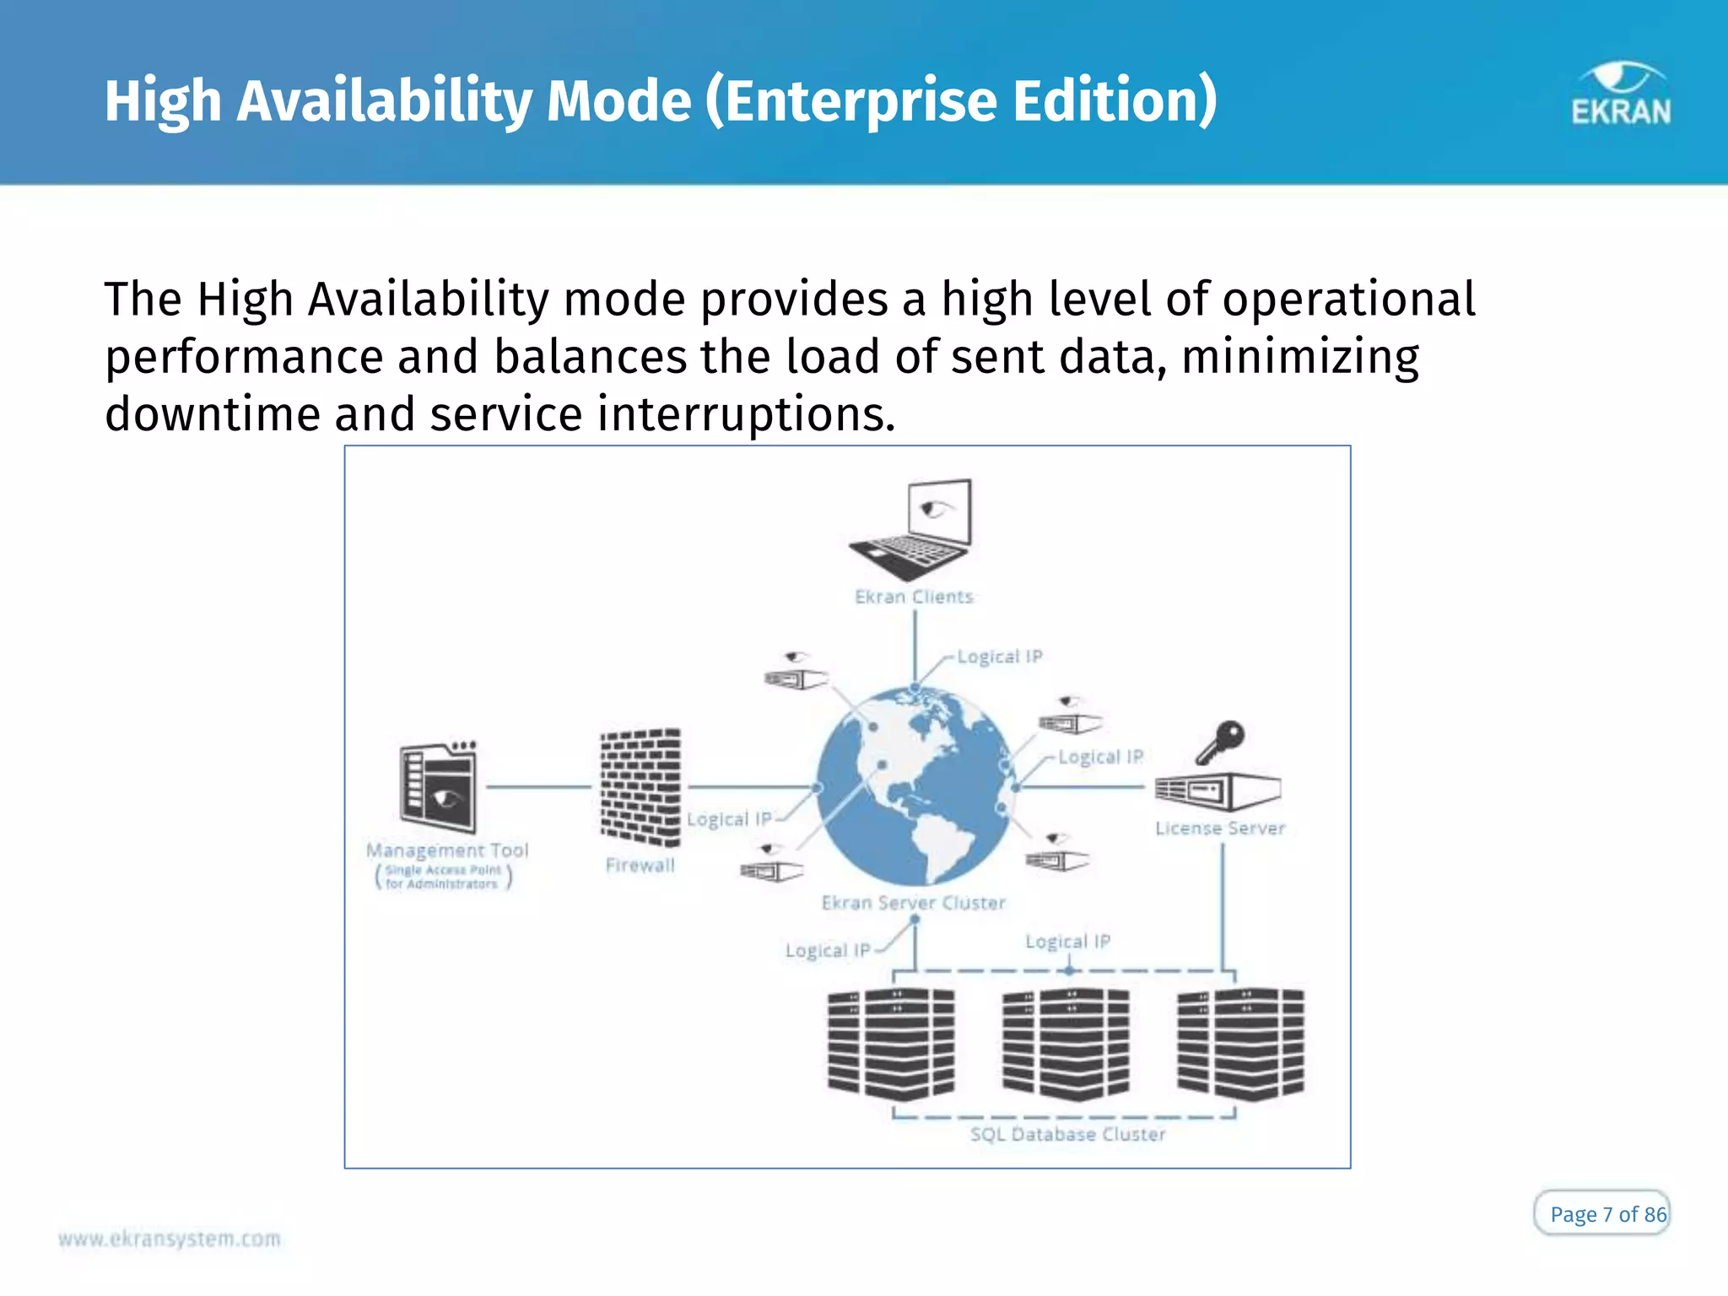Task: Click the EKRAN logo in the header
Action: (x=1620, y=94)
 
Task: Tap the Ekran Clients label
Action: (x=914, y=597)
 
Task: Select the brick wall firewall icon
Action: (x=640, y=787)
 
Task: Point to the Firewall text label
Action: (x=640, y=866)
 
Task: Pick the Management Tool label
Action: (x=447, y=850)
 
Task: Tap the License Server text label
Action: (x=1220, y=829)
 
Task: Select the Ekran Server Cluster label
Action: (x=914, y=904)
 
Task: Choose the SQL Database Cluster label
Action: (x=1067, y=1135)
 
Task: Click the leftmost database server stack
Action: (x=891, y=1045)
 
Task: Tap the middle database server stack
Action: (x=1066, y=1045)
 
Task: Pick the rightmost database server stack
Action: (x=1240, y=1045)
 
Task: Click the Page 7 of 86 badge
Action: (x=1601, y=1213)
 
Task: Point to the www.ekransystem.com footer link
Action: (x=170, y=1239)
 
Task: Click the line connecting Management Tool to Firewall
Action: (x=538, y=787)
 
